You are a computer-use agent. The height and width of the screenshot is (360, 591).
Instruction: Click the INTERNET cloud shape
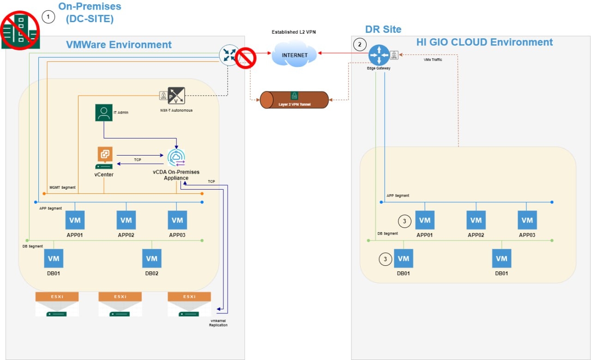click(295, 55)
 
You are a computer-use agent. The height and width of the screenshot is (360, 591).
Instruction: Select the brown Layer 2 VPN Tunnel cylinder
click(294, 100)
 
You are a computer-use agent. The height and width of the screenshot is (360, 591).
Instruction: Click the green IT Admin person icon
click(104, 113)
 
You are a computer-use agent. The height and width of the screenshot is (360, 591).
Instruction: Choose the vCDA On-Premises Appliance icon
click(176, 158)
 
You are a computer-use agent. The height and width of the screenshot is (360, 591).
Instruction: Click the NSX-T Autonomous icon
click(176, 95)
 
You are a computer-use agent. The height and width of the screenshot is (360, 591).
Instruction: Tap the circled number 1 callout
click(48, 17)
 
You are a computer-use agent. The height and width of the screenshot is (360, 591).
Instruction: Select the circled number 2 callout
click(359, 44)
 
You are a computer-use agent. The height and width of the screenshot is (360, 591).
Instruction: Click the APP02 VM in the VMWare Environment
click(126, 220)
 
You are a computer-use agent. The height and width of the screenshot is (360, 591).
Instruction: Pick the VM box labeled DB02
click(151, 258)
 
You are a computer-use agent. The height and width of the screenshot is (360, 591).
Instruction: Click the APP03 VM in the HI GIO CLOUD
click(527, 220)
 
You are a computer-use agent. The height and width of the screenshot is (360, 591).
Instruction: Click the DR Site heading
click(383, 30)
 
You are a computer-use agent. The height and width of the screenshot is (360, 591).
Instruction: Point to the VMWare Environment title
click(119, 45)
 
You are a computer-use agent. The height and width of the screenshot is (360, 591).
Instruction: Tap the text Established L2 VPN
click(295, 32)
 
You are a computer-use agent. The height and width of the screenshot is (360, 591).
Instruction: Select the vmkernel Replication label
click(218, 323)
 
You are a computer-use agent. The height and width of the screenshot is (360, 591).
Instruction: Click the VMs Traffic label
click(433, 60)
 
